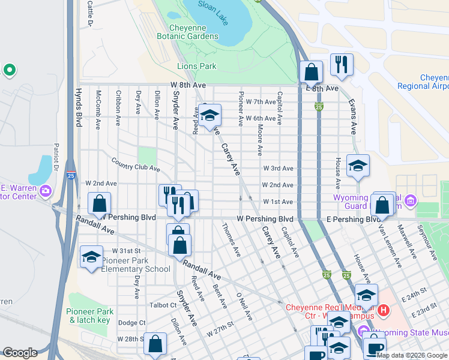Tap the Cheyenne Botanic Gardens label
pos(187,32)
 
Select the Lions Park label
pos(196,66)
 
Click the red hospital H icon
pos(383,311)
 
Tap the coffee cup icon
pos(375,347)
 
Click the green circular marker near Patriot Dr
pos(9,71)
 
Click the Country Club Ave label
pos(136,164)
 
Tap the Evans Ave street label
pos(353,116)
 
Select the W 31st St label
pos(125,250)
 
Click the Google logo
pos(20,353)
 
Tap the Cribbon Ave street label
pos(119,103)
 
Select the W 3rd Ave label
pos(278,169)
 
